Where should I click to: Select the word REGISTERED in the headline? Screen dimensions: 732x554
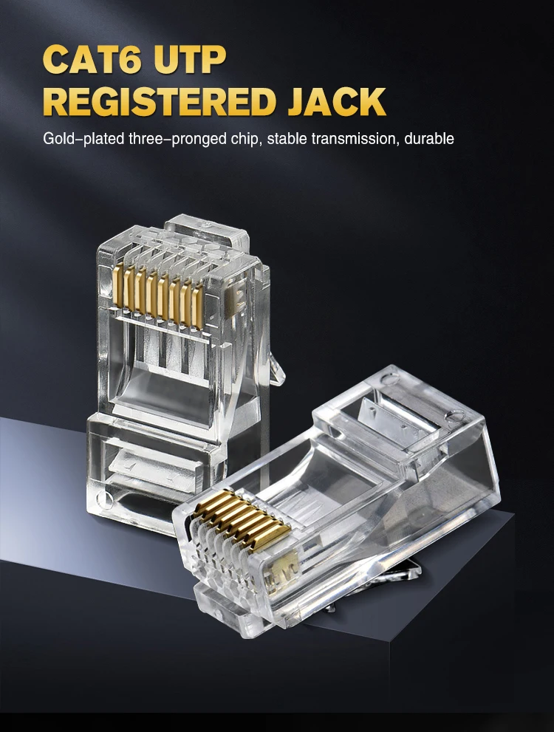(x=157, y=101)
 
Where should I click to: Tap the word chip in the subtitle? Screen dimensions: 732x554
(x=247, y=138)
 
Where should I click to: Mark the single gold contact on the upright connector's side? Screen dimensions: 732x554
(x=238, y=297)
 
